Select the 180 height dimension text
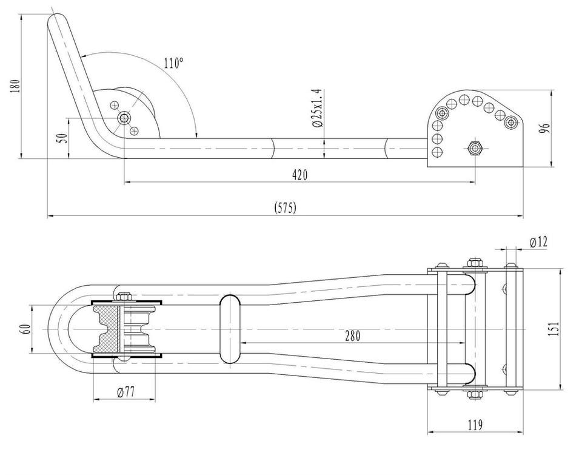coord(15,86)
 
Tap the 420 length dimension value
coord(300,174)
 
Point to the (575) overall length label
coord(286,208)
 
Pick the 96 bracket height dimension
coord(545,129)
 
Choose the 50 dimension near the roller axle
coord(64,138)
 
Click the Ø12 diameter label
coord(538,242)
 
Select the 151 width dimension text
coord(553,329)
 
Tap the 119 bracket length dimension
coord(475,425)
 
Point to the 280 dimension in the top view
coord(352,335)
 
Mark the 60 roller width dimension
coord(26,329)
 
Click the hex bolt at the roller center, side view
coord(124,118)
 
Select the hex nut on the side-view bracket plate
coord(474,148)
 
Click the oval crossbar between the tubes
coord(230,329)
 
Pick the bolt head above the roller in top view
coord(124,296)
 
